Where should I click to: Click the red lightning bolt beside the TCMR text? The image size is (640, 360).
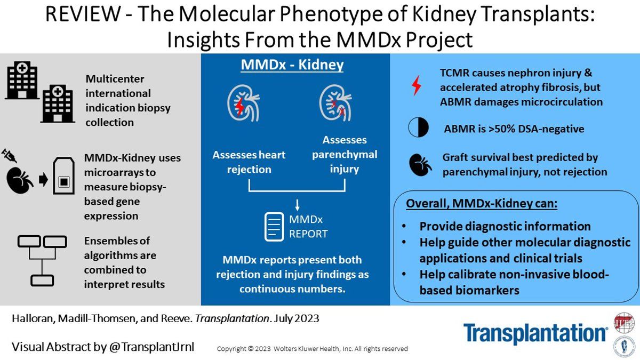click(417, 85)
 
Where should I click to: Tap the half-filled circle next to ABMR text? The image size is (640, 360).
click(418, 127)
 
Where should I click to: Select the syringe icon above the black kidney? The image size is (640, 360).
click(9, 155)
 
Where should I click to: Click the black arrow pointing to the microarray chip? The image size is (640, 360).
click(43, 180)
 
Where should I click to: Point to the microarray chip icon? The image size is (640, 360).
click(63, 175)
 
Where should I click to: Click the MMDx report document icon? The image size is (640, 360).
click(274, 227)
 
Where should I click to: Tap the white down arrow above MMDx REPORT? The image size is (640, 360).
click(297, 205)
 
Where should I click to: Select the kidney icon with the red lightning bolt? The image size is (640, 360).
click(243, 103)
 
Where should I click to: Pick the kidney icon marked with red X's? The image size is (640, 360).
click(335, 103)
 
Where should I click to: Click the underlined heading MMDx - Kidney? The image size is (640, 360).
click(292, 65)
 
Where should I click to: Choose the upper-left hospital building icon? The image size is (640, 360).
click(22, 80)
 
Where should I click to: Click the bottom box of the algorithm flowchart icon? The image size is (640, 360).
click(42, 281)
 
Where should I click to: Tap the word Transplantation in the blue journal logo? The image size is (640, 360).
click(535, 333)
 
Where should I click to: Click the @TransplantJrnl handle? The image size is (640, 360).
click(151, 347)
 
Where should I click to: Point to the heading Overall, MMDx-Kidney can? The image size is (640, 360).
click(482, 203)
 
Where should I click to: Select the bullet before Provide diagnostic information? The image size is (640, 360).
click(404, 226)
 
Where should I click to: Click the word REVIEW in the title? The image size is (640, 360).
click(83, 14)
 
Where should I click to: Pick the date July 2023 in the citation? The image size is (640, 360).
click(297, 318)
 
